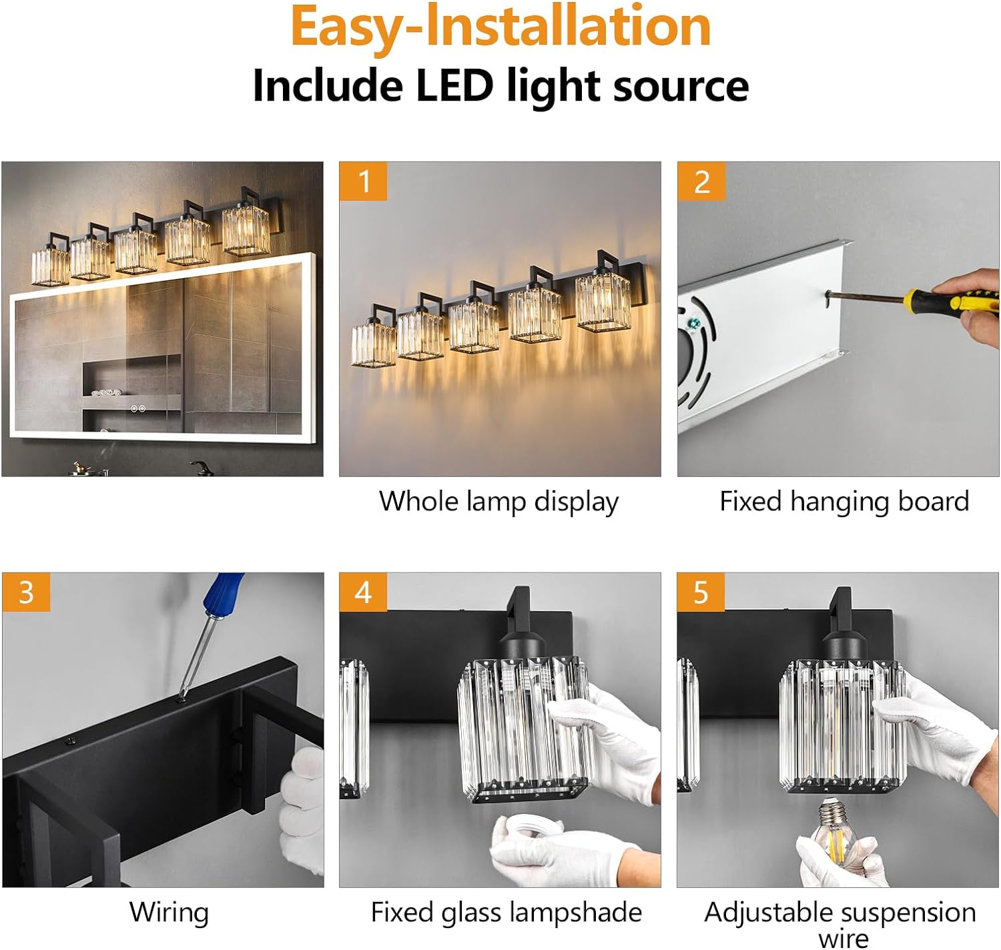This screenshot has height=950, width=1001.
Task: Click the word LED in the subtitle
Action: (x=454, y=85)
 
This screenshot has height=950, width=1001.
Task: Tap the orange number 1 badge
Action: (x=363, y=181)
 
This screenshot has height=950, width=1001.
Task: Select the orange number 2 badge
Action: (x=701, y=181)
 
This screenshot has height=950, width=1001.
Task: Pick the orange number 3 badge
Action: (x=26, y=592)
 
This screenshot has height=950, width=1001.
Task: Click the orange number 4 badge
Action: (x=363, y=592)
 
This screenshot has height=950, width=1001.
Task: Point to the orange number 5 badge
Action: (x=701, y=592)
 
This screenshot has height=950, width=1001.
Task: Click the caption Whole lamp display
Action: (x=499, y=502)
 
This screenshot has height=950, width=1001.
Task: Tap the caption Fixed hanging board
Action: (x=844, y=502)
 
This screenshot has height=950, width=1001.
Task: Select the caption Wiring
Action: (x=169, y=912)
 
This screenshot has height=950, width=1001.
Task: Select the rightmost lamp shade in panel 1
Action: (x=603, y=302)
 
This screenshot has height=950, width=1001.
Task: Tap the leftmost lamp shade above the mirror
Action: (x=50, y=266)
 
